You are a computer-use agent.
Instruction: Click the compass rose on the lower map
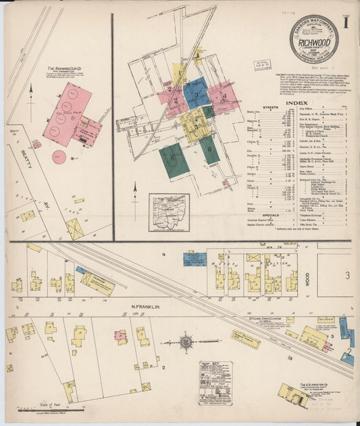pos(187,342)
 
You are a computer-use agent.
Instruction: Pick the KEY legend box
pos(215,382)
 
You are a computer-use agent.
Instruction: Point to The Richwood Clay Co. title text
pos(66,68)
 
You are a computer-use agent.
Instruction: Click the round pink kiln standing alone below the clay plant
pos(60,157)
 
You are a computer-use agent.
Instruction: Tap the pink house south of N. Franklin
pos(122,336)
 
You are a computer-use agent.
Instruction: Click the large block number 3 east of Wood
pos(347,275)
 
